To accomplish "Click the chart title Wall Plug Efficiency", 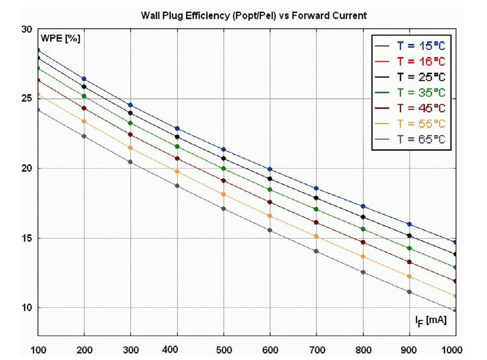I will click(x=253, y=16).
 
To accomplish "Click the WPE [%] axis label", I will click(x=61, y=38).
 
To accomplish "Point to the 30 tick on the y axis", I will click(x=26, y=29).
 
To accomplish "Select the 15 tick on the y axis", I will click(x=26, y=238).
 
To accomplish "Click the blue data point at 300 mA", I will click(x=130, y=105).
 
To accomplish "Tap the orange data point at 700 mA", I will click(x=316, y=236).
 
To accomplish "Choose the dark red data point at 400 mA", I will click(x=177, y=158).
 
